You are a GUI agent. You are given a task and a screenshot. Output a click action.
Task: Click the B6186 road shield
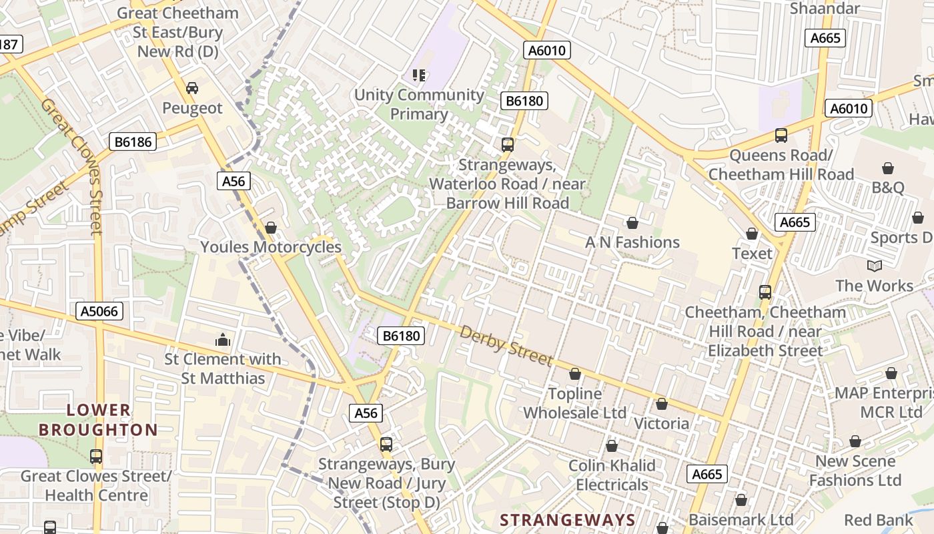click(x=133, y=142)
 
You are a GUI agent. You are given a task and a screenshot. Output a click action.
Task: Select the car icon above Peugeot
click(x=192, y=88)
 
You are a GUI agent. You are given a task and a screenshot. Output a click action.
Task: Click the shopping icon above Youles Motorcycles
click(x=270, y=228)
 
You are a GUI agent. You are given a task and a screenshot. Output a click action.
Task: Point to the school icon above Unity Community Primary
click(x=419, y=75)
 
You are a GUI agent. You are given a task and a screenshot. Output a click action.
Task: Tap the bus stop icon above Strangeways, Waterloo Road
click(x=507, y=145)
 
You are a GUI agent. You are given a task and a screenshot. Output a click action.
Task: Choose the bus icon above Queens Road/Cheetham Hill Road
click(x=781, y=136)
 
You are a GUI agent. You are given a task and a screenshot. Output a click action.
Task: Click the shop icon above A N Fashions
click(x=632, y=223)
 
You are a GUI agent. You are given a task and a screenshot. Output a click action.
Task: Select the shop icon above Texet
click(x=752, y=234)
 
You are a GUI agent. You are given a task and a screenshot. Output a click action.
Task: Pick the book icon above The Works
click(x=874, y=266)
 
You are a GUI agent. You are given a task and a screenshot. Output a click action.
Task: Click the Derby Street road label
click(x=506, y=346)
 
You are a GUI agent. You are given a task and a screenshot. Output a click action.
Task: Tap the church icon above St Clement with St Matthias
click(x=223, y=340)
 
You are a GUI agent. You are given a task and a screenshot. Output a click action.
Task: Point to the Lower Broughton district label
click(x=98, y=420)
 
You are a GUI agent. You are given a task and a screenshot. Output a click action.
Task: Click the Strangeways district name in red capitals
click(x=567, y=520)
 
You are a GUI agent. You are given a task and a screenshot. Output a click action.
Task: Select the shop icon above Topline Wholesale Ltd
click(x=574, y=374)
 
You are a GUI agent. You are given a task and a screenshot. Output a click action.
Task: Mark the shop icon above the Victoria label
click(x=661, y=404)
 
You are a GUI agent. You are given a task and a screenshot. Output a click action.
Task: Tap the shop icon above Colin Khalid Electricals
click(x=612, y=446)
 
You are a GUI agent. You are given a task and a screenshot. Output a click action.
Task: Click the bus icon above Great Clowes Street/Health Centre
click(x=96, y=457)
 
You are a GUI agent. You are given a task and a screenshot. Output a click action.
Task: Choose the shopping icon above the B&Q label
click(x=887, y=168)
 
